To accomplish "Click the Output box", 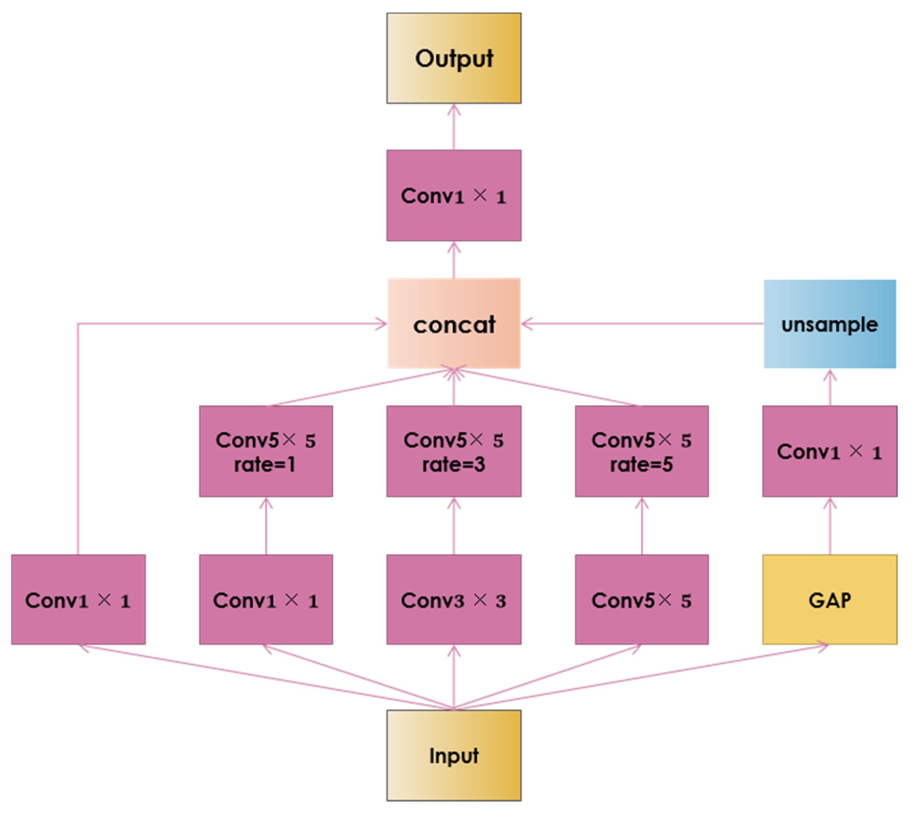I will tap(454, 58).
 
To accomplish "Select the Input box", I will tap(454, 755).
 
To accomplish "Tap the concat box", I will tap(454, 324).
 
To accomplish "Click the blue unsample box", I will tap(830, 324).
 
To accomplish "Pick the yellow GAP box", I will tap(830, 600).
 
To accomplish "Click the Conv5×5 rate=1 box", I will tap(266, 451).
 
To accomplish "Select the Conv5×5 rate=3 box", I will tap(454, 451).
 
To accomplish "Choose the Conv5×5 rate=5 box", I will tap(642, 451).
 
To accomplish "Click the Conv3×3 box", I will tap(454, 600).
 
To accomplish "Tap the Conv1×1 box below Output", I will tap(454, 196).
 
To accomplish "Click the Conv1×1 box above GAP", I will tap(830, 451).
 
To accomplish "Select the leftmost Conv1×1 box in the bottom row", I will tap(78, 600).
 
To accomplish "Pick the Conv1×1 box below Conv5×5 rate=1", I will tap(266, 600).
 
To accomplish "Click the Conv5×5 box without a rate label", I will tap(642, 600).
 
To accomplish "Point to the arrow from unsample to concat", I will tap(643, 324).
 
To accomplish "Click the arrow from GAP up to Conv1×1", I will tap(830, 526).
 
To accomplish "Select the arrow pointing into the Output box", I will tap(454, 127).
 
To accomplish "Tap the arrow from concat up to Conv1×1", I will tap(454, 260).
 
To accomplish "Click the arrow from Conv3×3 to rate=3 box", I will tap(454, 526).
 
